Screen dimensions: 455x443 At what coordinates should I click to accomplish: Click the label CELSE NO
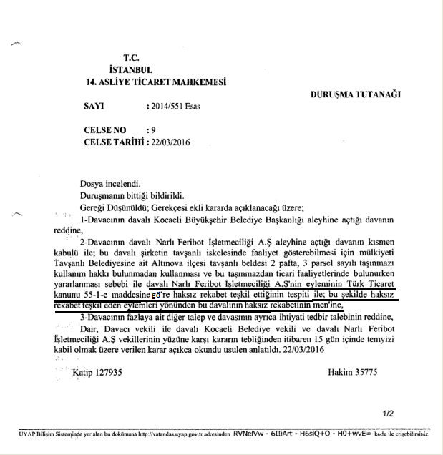(104, 130)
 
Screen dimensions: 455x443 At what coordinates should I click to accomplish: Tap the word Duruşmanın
(105, 195)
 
